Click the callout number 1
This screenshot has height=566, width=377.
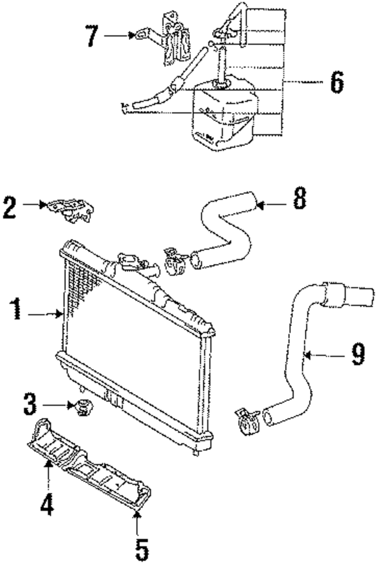coord(16,309)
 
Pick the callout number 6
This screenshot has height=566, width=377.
coord(337,82)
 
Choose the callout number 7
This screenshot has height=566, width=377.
coord(92,36)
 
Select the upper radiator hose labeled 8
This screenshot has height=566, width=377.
coord(226,233)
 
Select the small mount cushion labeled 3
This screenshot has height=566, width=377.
coord(82,407)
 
